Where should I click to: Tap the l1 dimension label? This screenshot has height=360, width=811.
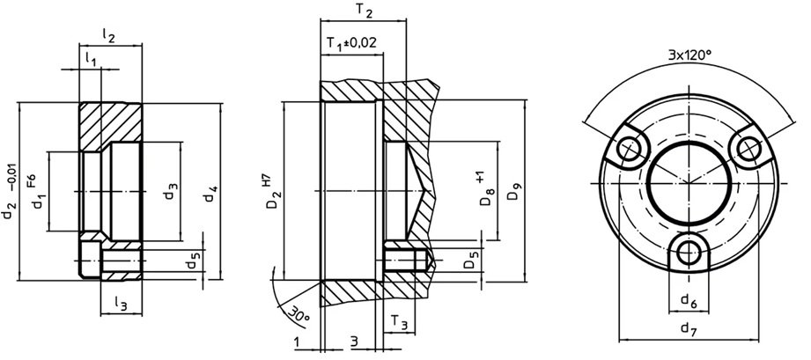coord(91,58)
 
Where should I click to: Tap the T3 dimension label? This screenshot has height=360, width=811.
coord(398,325)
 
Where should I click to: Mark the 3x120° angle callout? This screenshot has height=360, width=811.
coord(689,55)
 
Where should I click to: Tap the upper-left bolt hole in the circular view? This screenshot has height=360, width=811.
coord(628,151)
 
